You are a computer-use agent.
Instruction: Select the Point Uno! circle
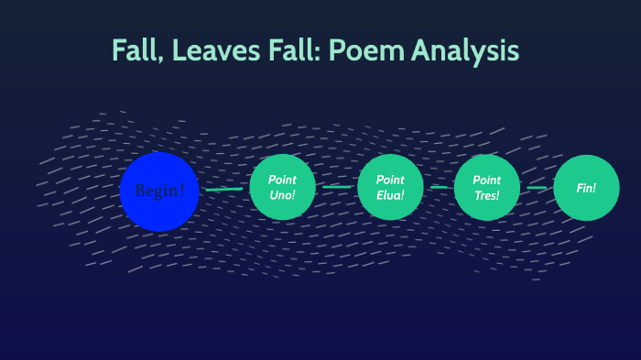(x=282, y=187)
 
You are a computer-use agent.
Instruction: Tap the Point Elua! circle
(x=390, y=187)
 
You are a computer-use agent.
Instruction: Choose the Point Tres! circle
(x=487, y=187)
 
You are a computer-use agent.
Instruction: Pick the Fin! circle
(x=587, y=188)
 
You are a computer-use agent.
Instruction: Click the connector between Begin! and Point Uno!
(x=224, y=190)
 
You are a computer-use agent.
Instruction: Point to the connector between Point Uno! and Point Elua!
(x=336, y=187)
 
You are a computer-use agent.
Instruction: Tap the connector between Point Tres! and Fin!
(x=538, y=188)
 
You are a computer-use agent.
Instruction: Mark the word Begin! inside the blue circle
(x=159, y=191)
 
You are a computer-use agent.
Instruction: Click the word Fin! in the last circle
(x=587, y=188)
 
